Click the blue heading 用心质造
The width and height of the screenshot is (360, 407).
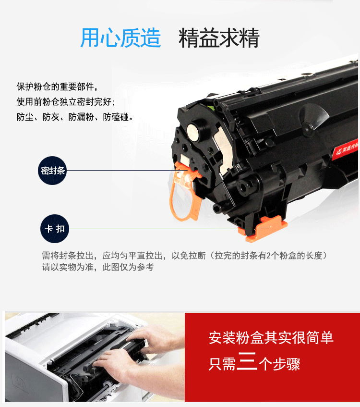click(x=120, y=38)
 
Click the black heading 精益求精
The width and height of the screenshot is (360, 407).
click(x=219, y=38)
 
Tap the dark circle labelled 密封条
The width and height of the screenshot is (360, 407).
click(x=52, y=171)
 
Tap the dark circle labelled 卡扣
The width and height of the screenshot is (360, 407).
click(x=55, y=229)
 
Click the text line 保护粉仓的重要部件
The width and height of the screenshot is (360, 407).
click(x=57, y=86)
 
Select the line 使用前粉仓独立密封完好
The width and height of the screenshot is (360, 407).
click(x=66, y=102)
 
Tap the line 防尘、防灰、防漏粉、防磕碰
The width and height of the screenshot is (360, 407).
click(x=75, y=117)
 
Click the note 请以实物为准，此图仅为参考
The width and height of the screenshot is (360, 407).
click(x=98, y=267)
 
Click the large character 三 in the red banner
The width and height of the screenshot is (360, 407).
click(x=247, y=361)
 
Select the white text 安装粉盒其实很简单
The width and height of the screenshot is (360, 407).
click(x=271, y=338)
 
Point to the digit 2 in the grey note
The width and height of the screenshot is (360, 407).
click(x=268, y=256)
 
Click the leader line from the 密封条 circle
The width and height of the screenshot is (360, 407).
click(x=127, y=171)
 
